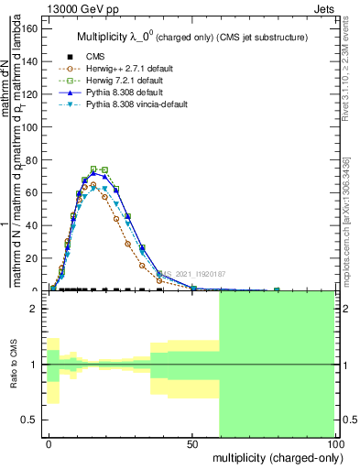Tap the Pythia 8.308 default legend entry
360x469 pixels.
(x=118, y=93)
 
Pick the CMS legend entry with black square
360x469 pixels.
(x=94, y=56)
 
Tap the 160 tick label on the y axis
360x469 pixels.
(x=30, y=27)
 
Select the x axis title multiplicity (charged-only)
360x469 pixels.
(x=274, y=456)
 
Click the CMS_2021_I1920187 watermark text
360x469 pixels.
(x=201, y=273)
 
